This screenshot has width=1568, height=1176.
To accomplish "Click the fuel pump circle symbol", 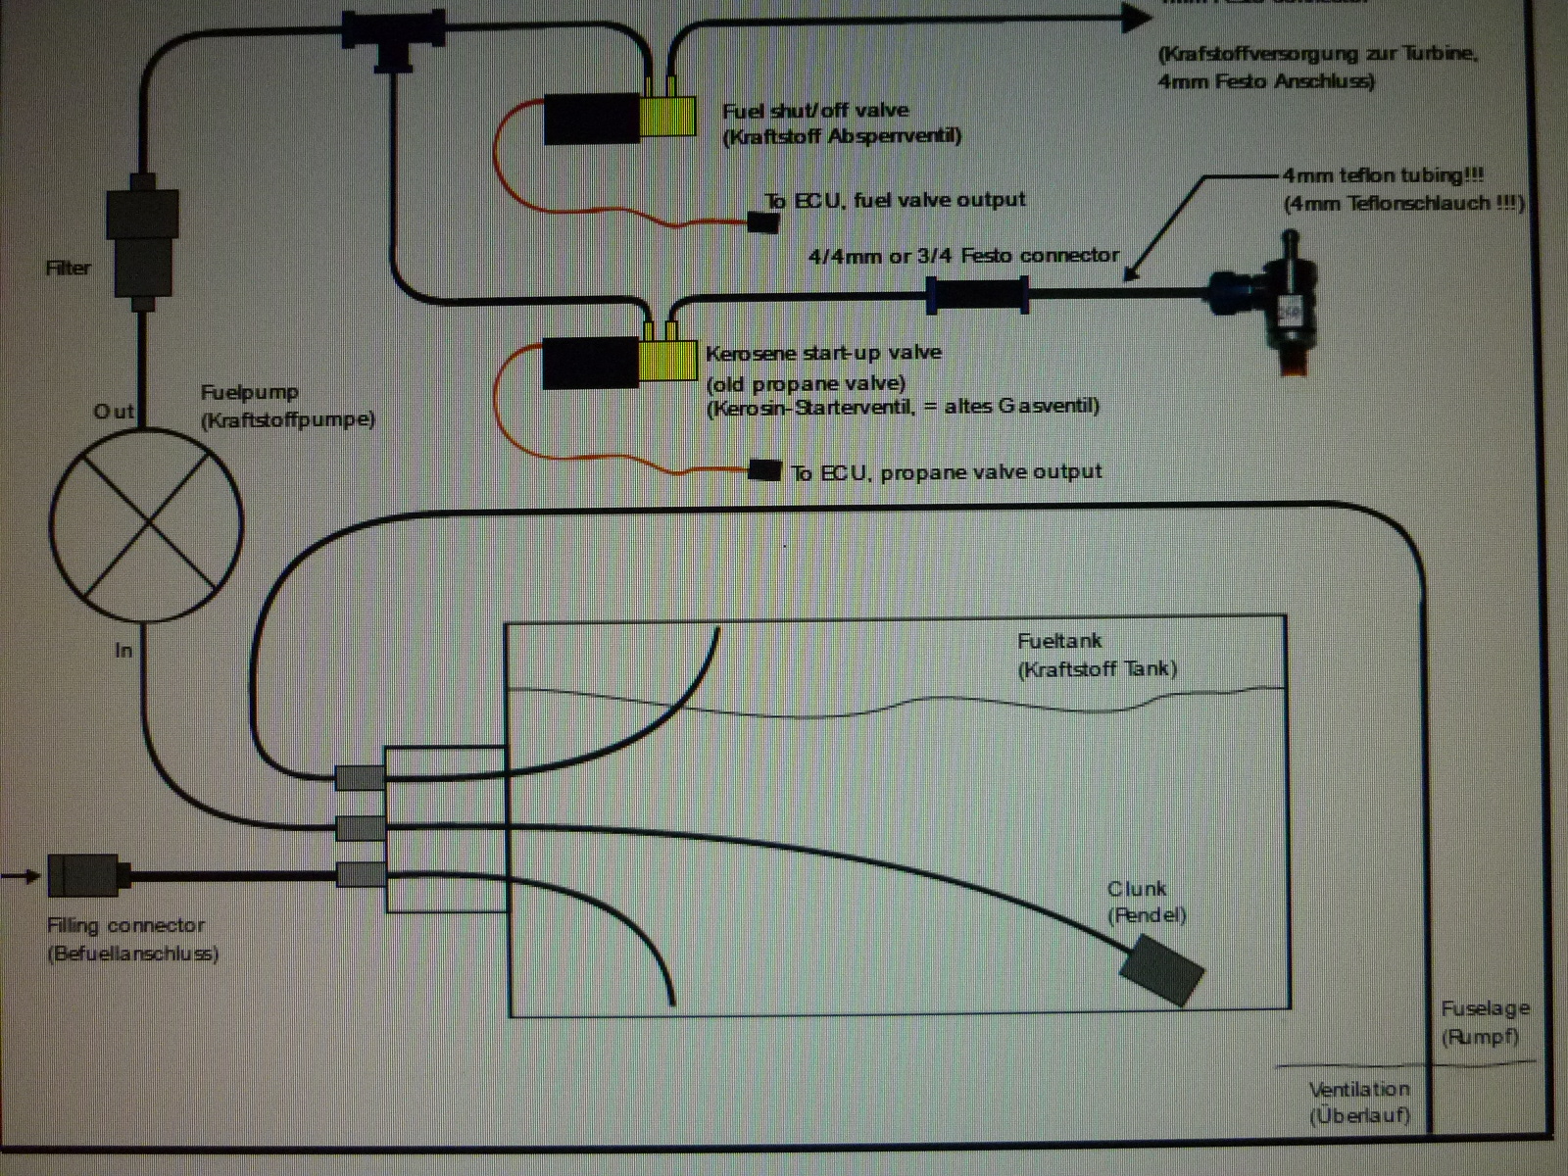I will pos(146,523).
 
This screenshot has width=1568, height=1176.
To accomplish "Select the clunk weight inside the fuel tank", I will pos(1161,969).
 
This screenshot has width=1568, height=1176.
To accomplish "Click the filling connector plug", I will pos(83,875).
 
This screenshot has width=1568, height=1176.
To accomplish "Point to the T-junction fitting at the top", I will pos(394,36).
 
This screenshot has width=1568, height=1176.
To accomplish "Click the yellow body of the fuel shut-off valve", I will pos(668,116).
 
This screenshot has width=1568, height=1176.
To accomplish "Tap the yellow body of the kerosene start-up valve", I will pos(668,359).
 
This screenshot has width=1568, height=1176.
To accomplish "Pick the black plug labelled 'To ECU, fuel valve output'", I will pos(763,222).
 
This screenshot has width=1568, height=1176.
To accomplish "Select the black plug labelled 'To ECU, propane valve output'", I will pos(765,470).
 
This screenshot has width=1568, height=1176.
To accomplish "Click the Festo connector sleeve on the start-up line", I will pos(977,294).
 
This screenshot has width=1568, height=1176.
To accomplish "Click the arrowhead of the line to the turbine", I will pos(1137,16).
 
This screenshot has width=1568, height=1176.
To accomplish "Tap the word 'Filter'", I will pos(68,268).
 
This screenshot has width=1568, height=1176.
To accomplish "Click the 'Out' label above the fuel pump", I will pos(114,412).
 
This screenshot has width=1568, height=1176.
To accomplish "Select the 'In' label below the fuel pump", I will pos(123,650).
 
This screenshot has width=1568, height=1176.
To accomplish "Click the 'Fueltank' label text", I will pos(1059,641).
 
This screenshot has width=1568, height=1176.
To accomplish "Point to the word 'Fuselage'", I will pos(1485,1008).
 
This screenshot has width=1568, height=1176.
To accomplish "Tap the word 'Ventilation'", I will pos(1359,1089).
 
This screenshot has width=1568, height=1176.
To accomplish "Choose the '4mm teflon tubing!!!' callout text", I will pos(1383,175).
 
